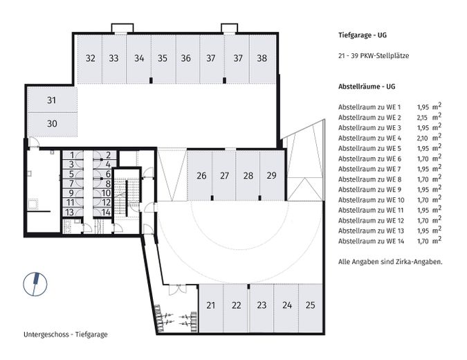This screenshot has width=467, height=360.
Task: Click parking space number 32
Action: tap(90, 59)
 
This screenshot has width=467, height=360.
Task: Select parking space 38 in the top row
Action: tap(262, 59)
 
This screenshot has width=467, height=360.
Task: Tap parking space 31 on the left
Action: tap(51, 101)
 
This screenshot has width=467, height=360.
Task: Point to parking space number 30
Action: tap(51, 123)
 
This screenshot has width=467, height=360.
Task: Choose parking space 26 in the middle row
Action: tap(201, 176)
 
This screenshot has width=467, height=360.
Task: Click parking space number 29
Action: tap(271, 176)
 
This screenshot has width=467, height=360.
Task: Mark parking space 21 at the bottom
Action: tap(211, 305)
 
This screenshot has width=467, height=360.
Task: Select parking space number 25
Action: tap(310, 305)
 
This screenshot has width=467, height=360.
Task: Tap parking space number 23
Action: tap(262, 305)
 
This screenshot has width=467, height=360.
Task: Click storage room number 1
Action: tap(72, 155)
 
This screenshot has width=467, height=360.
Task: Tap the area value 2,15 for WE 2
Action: tap(423, 118)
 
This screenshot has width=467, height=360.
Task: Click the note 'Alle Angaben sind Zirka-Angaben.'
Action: tap(390, 262)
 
